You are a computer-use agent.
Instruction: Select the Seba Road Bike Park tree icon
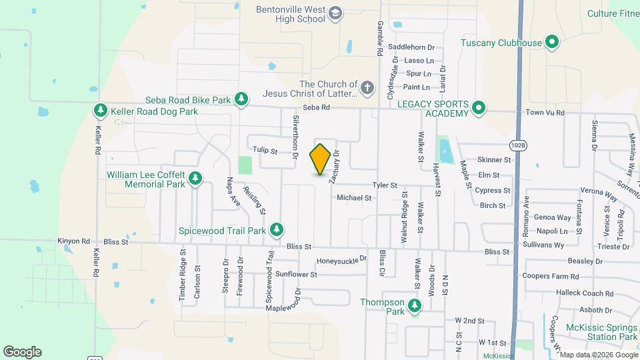241,101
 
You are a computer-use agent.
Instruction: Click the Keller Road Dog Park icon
101,111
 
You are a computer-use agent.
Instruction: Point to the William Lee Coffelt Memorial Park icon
195,178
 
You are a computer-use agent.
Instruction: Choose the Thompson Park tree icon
415,307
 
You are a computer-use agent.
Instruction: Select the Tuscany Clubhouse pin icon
552,43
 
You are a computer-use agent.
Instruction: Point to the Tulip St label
265,151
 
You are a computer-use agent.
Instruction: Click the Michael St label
354,197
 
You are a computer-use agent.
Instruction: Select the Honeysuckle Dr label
341,260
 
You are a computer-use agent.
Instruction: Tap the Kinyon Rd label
73,241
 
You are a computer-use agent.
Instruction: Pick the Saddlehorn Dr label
411,47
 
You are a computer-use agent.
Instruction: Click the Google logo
22,352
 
